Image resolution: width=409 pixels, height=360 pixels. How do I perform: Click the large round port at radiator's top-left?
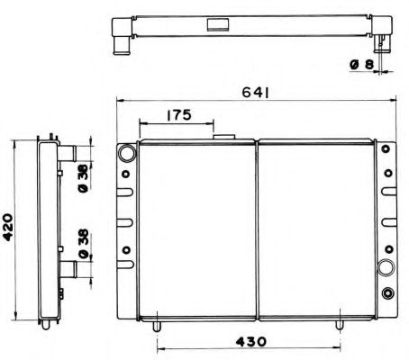coord(125,156)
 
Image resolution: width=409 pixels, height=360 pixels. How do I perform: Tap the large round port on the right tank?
coord(387,267)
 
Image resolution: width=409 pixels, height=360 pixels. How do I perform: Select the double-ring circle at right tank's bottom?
coord(387,292)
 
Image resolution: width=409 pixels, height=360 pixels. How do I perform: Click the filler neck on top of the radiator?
coord(223,137)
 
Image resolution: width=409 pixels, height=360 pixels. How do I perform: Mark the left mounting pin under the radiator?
coord(157,317)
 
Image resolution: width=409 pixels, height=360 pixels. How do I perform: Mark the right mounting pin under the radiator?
coord(340,317)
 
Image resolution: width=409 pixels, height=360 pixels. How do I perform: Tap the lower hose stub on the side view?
coord(67,267)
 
